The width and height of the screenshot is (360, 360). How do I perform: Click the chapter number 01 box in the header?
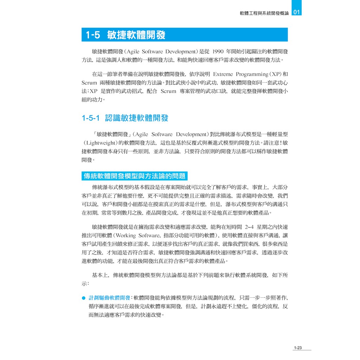pyautogui.click(x=297, y=12)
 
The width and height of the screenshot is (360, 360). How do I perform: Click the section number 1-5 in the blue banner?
pyautogui.click(x=93, y=35)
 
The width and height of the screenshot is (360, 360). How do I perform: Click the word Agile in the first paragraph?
pyautogui.click(x=134, y=51)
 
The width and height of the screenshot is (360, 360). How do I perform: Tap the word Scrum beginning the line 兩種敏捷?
pyautogui.click(x=89, y=83)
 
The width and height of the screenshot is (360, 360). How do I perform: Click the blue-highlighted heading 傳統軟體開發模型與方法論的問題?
pyautogui.click(x=134, y=176)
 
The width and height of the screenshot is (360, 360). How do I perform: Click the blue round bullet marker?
pyautogui.click(x=84, y=298)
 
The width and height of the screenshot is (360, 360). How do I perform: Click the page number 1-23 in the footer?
pyautogui.click(x=297, y=348)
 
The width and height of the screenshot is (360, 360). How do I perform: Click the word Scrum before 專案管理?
pyautogui.click(x=168, y=91)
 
